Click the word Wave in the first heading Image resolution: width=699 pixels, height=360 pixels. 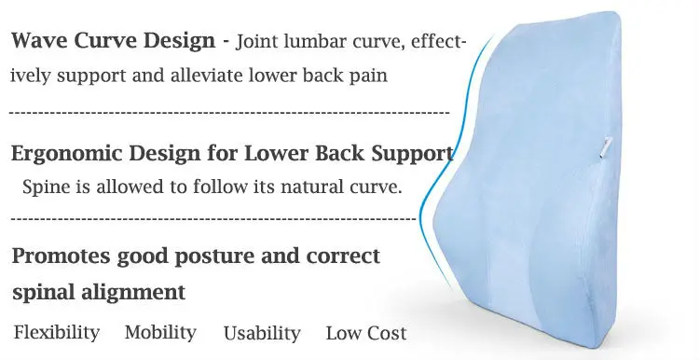[x=39, y=41]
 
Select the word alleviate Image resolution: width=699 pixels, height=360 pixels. [x=206, y=76]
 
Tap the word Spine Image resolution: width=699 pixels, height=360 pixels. [x=47, y=187]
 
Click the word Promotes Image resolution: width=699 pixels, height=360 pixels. [x=61, y=256]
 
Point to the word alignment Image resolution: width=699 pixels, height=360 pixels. [x=133, y=293]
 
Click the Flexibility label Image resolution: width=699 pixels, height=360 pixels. [x=57, y=333]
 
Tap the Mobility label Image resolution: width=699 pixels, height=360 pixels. [x=160, y=333]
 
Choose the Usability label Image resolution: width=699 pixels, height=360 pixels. [x=262, y=334]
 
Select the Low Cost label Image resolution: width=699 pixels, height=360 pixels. [x=366, y=334]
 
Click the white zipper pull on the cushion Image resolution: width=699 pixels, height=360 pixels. [x=606, y=147]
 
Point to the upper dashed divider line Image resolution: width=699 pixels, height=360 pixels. [x=229, y=113]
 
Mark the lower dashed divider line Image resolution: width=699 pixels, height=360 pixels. [x=213, y=219]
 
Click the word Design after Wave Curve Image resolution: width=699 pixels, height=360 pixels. [x=180, y=41]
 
